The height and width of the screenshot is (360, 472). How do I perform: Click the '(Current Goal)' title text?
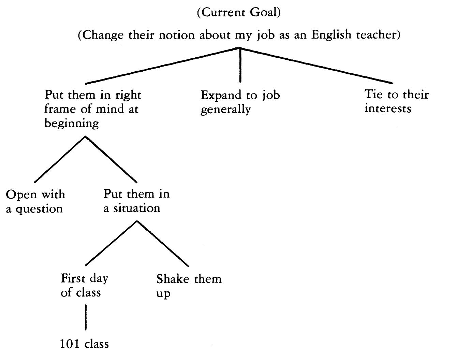239,13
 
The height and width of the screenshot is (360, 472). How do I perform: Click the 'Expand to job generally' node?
240,102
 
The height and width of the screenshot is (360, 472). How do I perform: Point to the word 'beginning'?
71,123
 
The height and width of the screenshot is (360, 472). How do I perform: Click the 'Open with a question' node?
35,201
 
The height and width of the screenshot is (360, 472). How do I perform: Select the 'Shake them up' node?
189,286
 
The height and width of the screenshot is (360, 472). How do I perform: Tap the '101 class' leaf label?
84,344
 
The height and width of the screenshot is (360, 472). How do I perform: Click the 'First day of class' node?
84,285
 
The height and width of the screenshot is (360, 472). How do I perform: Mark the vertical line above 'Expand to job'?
240,65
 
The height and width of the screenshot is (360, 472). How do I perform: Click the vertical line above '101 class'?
85,317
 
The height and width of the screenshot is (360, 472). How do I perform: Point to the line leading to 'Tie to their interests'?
317,66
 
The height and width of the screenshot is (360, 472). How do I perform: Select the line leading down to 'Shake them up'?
163,244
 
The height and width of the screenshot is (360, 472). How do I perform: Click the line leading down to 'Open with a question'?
60,159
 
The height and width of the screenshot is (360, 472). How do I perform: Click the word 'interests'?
387,109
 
